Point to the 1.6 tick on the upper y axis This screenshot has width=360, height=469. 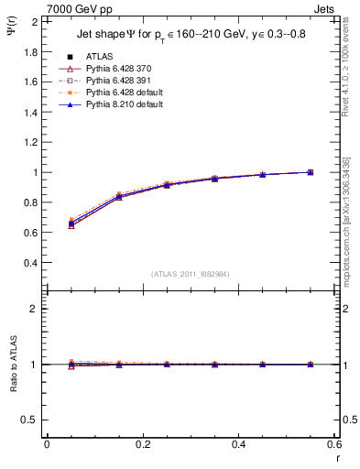coord(31,82)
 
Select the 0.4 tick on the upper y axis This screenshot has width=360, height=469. coord(31,263)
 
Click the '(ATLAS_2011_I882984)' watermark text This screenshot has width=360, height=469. coord(191,274)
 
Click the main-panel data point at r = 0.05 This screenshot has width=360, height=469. coord(71,223)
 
